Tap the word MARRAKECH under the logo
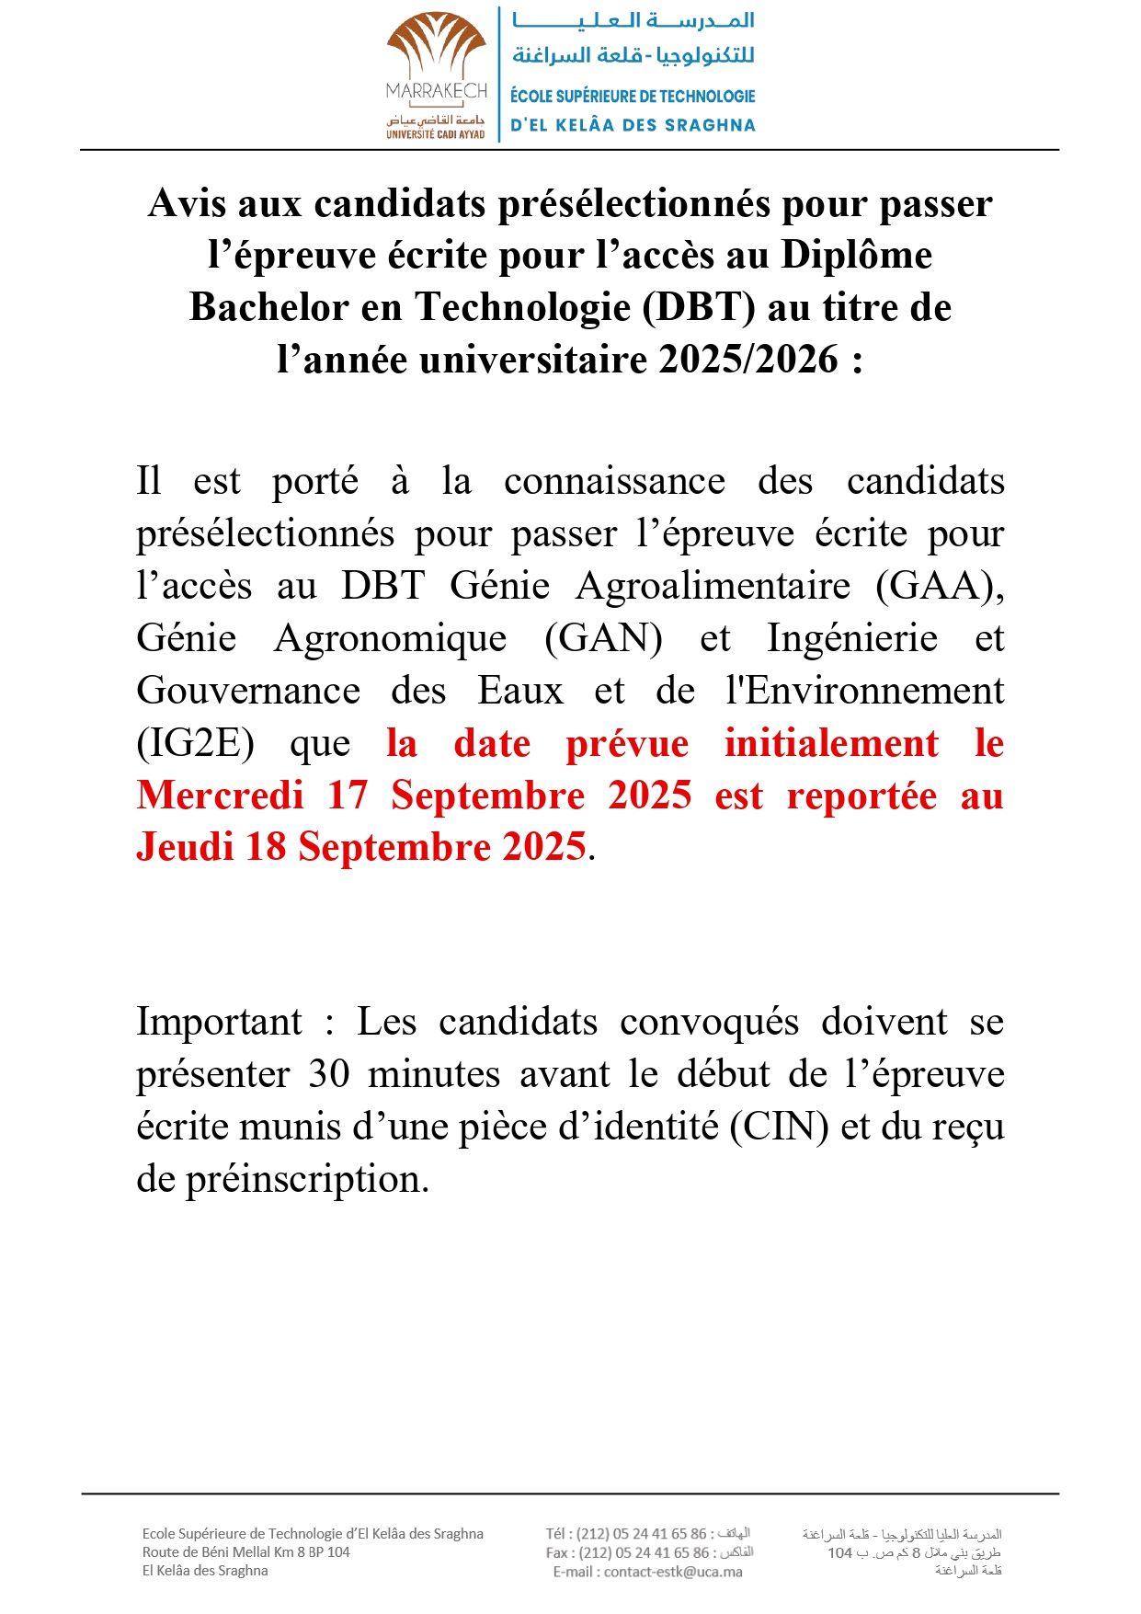437,91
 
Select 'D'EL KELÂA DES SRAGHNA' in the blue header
633,125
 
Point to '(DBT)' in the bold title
699,307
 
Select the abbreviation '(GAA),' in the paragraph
940,586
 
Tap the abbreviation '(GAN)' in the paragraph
603,638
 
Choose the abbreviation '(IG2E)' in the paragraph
196,743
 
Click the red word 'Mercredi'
221,796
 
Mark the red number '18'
266,847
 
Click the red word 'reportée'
861,796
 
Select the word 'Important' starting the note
219,1022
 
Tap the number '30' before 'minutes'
328,1074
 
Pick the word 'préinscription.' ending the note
307,1179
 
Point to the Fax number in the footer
644,1552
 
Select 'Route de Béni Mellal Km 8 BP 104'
245,1552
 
